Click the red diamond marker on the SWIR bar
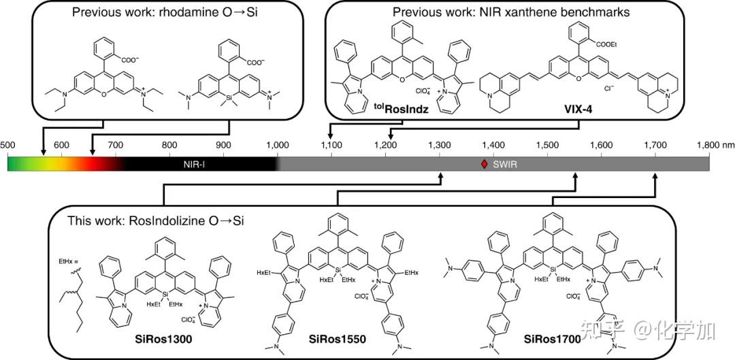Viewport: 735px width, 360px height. (484, 163)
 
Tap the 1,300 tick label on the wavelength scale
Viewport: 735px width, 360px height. (440, 144)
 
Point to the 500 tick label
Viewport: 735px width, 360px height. (7, 144)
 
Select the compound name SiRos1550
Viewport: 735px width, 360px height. (336, 339)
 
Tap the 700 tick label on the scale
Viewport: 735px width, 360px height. (115, 144)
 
